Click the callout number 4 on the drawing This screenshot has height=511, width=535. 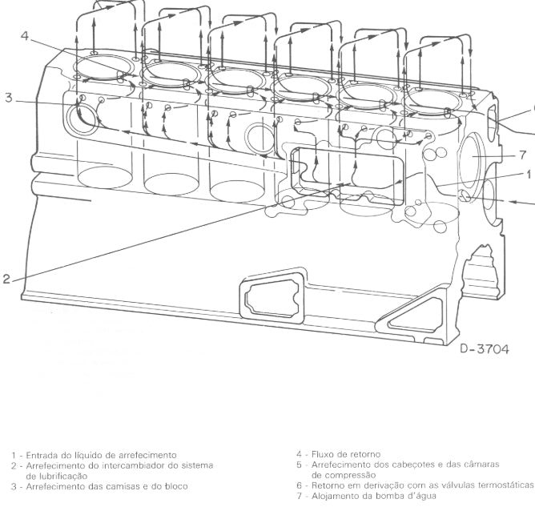(25, 36)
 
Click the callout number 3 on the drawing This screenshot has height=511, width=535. (9, 99)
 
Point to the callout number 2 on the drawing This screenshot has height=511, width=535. (6, 279)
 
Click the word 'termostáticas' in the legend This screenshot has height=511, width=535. (505, 485)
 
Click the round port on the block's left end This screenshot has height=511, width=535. (81, 119)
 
